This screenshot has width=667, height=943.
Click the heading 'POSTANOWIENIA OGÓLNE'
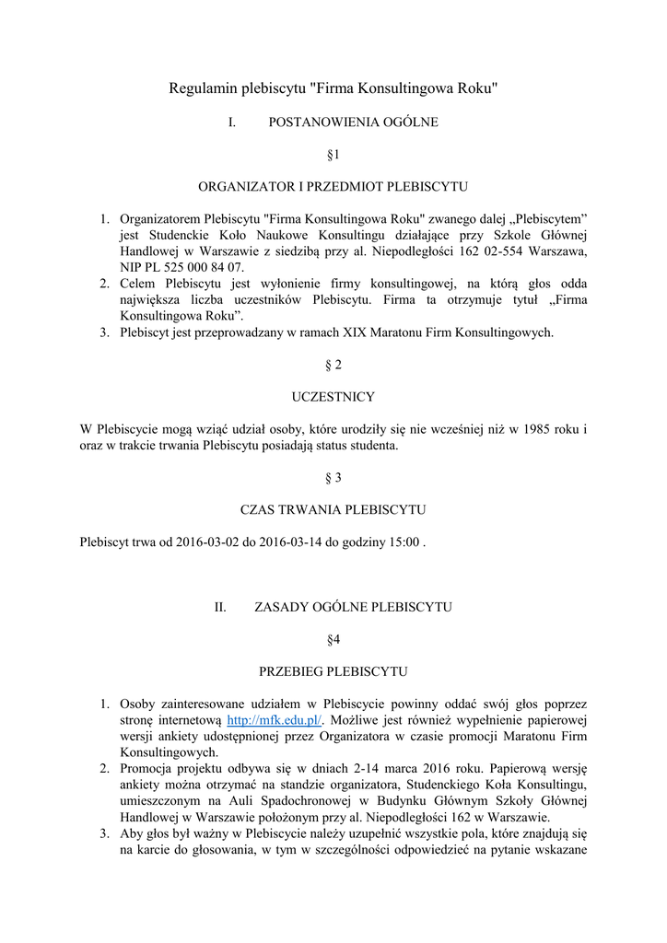coord(353,122)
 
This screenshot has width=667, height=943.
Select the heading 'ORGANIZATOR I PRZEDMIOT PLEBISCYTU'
coord(333,186)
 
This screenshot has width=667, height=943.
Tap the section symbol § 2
coord(333,365)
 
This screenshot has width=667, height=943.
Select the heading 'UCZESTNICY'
coord(333,397)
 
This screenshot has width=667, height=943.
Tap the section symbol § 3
coord(333,478)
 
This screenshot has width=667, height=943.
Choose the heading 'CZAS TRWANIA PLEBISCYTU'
coord(333,510)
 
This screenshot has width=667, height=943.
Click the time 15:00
coord(403,542)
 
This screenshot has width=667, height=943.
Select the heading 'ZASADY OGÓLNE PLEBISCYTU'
coord(352,607)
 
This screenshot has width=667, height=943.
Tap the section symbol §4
coord(333,639)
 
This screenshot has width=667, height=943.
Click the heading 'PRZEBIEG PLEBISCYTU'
coord(333,671)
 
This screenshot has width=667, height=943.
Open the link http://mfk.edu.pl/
coord(274,720)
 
